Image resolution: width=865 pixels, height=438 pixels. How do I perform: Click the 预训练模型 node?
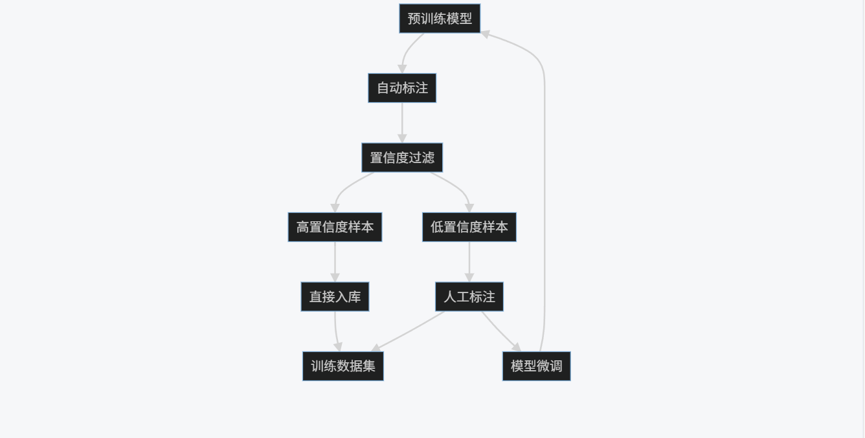440,19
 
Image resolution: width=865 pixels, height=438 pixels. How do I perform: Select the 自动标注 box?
402,88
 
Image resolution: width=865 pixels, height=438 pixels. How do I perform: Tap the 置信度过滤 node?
402,158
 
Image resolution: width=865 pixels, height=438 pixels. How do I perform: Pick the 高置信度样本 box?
335,227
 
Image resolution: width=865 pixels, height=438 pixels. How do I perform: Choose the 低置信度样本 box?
469,227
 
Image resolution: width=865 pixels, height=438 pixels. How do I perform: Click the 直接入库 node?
335,297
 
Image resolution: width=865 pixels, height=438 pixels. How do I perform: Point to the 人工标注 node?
469,297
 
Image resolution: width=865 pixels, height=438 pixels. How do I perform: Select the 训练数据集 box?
343,366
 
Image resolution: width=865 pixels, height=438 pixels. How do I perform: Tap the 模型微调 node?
537,366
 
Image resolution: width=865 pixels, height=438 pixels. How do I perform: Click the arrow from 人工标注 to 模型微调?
500,331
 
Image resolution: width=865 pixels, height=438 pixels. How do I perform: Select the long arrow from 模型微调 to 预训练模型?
545,194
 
